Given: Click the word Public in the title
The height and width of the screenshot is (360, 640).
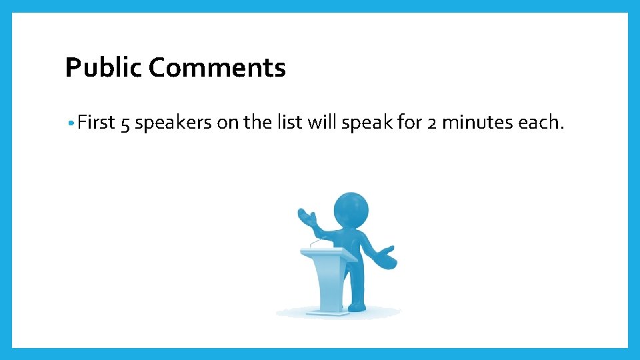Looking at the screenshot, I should [x=103, y=68].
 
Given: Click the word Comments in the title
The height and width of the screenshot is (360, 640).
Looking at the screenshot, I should [x=217, y=68].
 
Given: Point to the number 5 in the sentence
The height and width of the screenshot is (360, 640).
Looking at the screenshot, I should [x=125, y=123].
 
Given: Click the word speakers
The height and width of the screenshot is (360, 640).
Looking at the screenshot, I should [x=173, y=123].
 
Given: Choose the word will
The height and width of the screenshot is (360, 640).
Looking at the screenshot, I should [x=322, y=123].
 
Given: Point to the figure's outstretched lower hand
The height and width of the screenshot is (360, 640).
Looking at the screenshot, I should [x=387, y=258].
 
